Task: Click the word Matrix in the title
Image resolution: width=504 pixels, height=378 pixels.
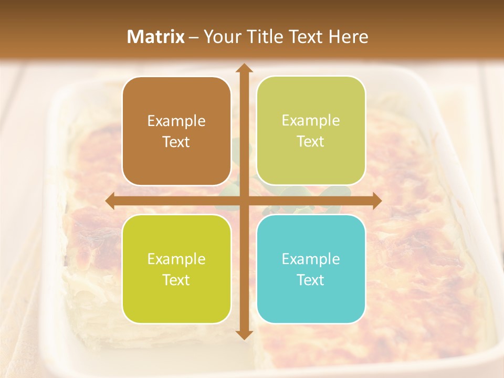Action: (156, 37)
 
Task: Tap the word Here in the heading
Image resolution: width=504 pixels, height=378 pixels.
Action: (348, 37)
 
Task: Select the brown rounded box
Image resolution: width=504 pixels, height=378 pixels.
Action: (176, 131)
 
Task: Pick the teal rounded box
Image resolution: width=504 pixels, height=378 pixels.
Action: (311, 269)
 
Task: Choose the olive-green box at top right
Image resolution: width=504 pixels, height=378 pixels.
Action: (311, 131)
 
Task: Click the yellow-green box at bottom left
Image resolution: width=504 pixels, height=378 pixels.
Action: (176, 269)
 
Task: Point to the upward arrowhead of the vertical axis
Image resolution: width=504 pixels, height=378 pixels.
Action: (244, 69)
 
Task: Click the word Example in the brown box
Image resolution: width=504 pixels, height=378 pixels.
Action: (176, 121)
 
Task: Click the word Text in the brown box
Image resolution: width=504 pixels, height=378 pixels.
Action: (176, 142)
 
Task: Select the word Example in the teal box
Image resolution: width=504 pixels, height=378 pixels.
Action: (311, 259)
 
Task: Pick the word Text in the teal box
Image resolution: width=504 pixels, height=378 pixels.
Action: (311, 280)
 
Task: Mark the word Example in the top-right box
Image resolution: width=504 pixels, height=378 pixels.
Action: (311, 121)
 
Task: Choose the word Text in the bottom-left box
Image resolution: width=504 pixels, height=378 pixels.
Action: (176, 280)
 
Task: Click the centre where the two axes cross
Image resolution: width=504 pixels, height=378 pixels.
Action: (244, 201)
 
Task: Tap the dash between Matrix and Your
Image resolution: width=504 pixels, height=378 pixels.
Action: (194, 37)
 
